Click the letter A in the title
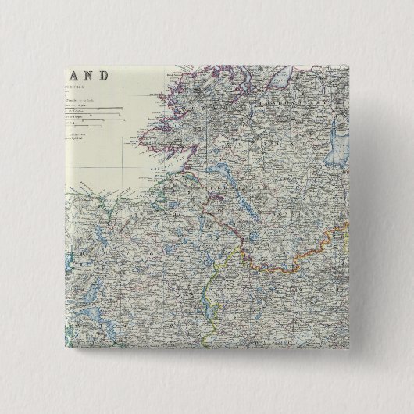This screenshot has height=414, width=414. pos(75,77)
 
